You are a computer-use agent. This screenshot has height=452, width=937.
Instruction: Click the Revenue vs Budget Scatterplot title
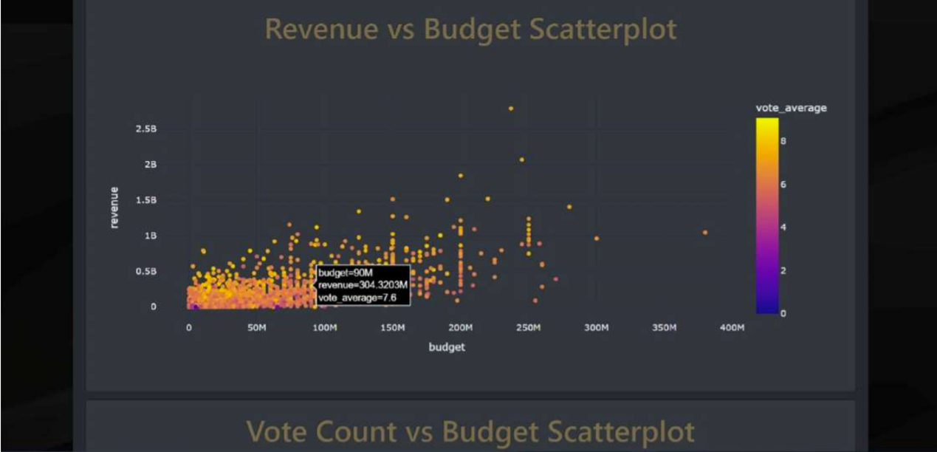[x=470, y=30]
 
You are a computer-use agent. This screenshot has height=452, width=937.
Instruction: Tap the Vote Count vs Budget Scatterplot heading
[x=470, y=431]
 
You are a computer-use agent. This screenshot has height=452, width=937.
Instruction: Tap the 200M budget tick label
[x=460, y=327]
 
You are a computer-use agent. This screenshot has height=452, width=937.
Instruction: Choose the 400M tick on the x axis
[x=732, y=327]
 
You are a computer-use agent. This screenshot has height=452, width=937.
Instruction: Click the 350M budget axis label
[x=664, y=327]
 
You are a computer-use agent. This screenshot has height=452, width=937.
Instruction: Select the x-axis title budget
[x=447, y=346]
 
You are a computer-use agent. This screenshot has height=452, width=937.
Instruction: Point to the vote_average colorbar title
[x=791, y=108]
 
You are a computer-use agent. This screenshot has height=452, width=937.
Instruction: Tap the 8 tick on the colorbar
[x=783, y=140]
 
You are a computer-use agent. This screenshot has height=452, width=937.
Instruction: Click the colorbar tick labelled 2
[x=783, y=270]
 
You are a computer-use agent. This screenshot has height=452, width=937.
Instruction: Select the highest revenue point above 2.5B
[x=510, y=109]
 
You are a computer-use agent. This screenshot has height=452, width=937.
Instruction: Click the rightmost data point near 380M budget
[x=705, y=233]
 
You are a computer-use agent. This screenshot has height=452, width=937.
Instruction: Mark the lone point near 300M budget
[x=597, y=238]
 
